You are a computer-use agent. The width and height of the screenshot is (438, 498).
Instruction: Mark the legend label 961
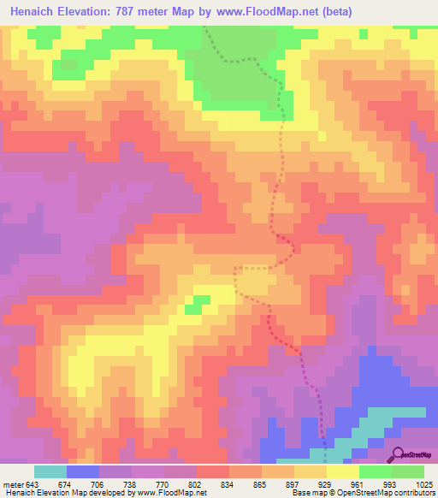point(360,484)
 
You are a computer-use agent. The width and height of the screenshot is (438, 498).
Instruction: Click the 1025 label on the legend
point(423,484)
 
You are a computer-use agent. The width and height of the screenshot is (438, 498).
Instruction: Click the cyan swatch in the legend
point(50,471)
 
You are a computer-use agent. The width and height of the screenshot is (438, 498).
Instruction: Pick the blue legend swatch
point(83,471)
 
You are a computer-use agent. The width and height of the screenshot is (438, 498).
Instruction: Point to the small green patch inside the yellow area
point(199,302)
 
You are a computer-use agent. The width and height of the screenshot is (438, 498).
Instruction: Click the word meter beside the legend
point(12,484)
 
